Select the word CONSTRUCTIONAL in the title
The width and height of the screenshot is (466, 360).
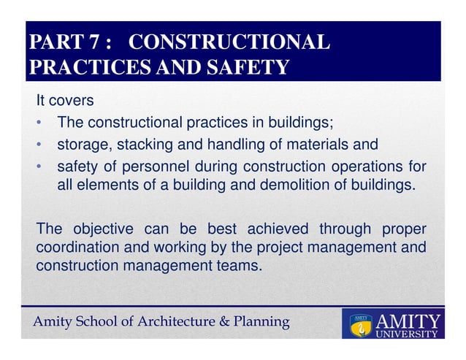233,42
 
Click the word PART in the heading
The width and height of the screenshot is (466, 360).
53,42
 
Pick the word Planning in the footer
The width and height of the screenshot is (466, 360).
264,321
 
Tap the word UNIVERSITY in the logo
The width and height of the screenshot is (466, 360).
406,336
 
